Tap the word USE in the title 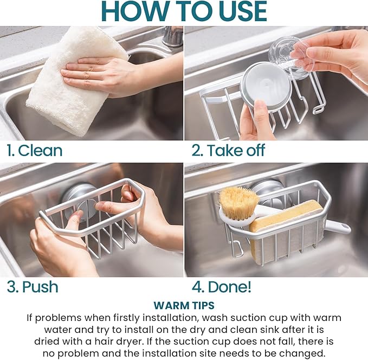pos(236,11)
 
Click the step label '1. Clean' pos(35,151)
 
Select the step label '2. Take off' pos(228,151)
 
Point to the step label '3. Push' pos(33,287)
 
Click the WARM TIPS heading pos(184,305)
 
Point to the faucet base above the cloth pos(172,37)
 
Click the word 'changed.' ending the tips pos(306,353)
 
